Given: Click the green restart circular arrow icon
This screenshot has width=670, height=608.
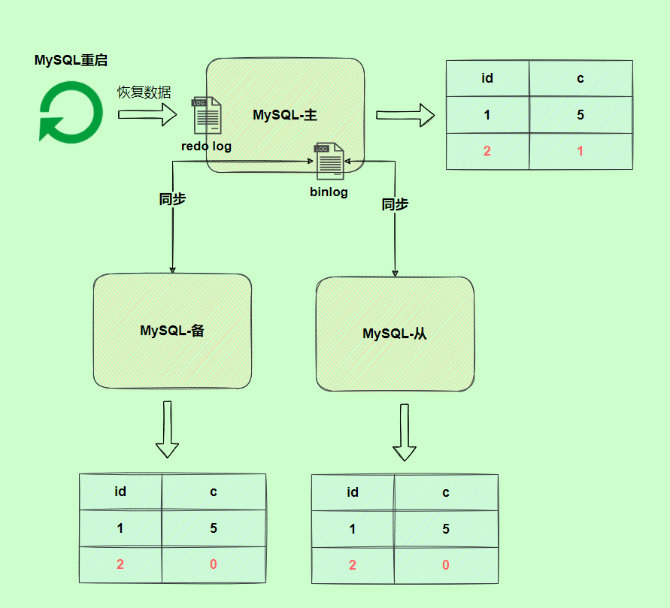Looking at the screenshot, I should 71,112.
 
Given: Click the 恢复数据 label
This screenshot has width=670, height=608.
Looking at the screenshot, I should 144,92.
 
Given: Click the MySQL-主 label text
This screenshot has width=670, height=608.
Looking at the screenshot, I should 285,115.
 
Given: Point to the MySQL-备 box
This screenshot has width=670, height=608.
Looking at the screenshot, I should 172,331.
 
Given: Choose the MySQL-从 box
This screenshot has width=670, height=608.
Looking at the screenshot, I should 395,334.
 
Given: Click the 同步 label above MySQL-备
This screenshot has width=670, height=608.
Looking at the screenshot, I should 172,199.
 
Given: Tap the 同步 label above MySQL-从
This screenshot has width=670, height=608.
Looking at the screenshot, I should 395,204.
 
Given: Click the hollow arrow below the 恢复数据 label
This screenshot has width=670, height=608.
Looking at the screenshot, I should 147,115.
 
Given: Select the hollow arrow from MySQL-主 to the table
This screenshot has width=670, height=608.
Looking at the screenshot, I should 405,115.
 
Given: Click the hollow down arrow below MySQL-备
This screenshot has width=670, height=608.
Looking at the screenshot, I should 167,429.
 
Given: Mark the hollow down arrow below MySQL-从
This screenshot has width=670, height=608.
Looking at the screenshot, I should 405,432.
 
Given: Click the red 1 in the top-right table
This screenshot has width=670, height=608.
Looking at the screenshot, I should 580,151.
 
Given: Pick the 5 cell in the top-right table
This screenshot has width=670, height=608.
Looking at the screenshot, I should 580,115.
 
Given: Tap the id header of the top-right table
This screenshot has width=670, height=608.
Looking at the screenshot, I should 487,78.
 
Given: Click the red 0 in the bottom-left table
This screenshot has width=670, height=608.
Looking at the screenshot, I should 214,564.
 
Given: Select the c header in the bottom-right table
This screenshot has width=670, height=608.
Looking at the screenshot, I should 446,492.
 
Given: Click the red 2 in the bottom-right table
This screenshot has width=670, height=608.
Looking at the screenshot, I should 353,565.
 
